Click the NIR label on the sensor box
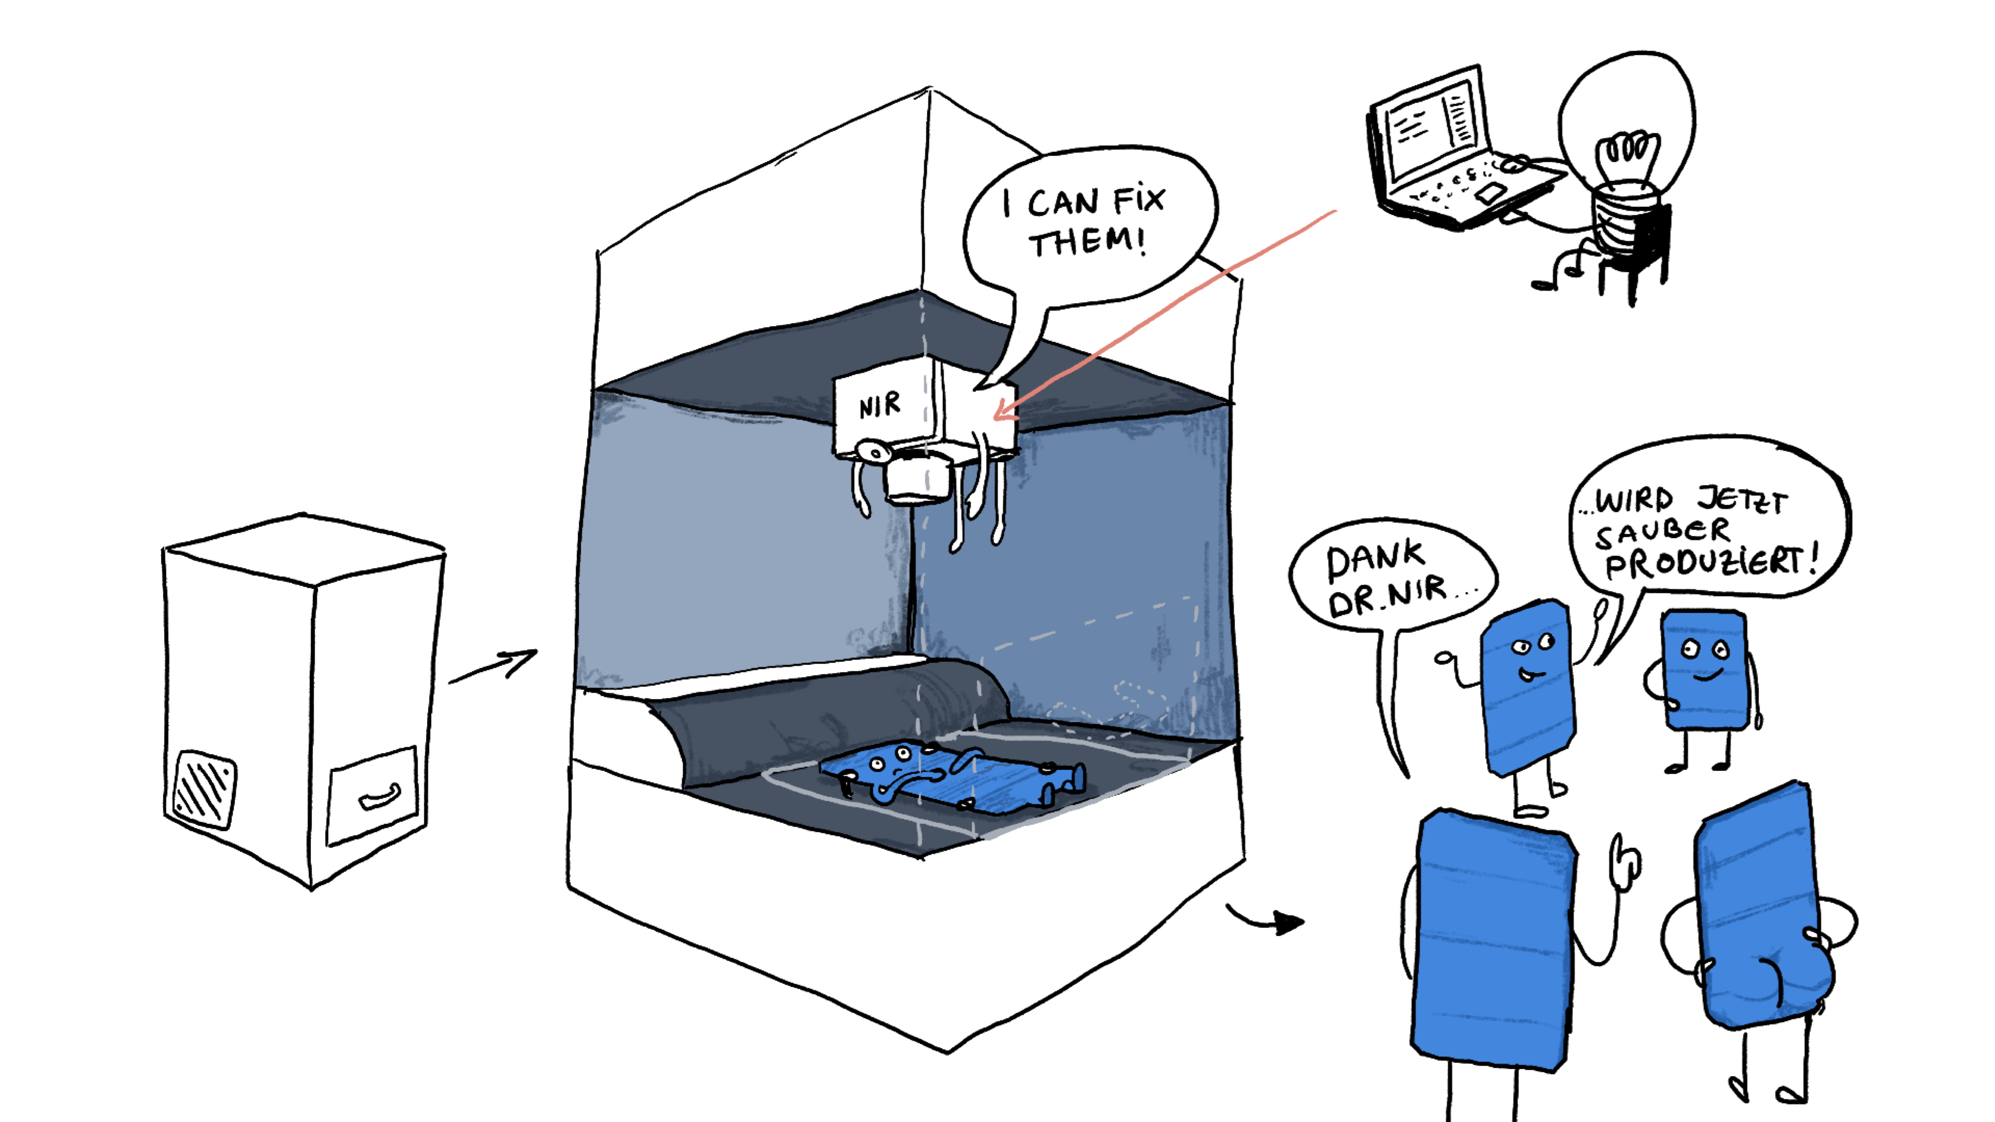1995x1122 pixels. coord(881,406)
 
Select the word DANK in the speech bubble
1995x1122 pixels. coord(1375,559)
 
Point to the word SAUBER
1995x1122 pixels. coord(1662,533)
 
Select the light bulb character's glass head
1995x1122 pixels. coord(1626,124)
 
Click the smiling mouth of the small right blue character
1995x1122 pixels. coord(1703,677)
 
